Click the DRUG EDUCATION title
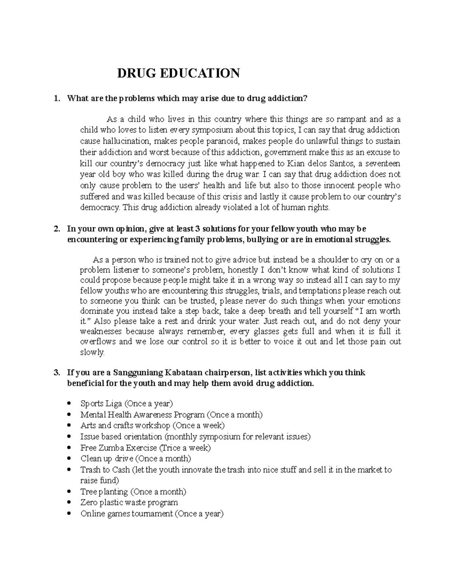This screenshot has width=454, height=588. coord(178,73)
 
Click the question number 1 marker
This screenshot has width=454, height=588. coord(56,99)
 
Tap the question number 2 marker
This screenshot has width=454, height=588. coord(56,229)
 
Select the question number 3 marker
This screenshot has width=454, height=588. coord(56,373)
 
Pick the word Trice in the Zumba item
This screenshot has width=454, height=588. coord(169,448)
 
